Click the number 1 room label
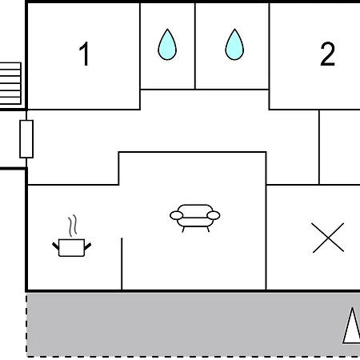pos(84,54)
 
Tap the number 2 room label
pos(327,54)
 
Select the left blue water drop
pos(167,45)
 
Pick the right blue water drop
pos(234,45)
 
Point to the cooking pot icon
pos(71,248)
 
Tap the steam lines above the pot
pos(72,226)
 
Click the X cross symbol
pos(328,238)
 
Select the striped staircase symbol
pos(10,83)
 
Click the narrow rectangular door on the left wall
pos(26,139)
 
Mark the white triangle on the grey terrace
pos(352,326)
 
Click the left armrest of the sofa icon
pos(177,215)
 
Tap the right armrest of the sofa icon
pos(214,215)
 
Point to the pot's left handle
pos(55,246)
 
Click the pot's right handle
pos(88,246)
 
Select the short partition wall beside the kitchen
pos(122,264)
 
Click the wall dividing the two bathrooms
pos(195,46)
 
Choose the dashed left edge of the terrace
pos(26,324)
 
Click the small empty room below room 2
pos(340,147)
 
